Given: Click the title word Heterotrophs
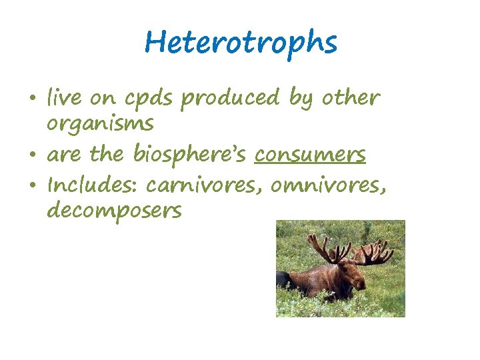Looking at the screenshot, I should click(x=241, y=43).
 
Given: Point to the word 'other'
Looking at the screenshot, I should click(x=351, y=99).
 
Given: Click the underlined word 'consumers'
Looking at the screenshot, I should click(x=311, y=155).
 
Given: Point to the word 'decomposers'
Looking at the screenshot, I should click(x=114, y=212).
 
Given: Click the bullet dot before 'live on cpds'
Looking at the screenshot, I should click(x=33, y=100).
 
